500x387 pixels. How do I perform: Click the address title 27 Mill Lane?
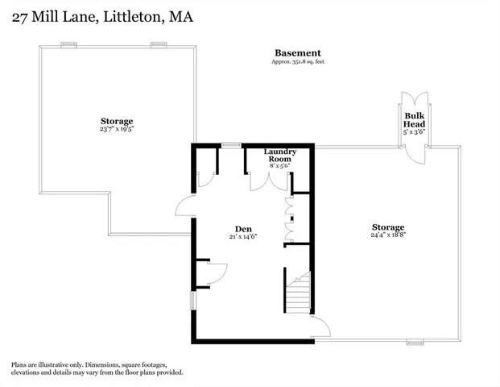point(102,16)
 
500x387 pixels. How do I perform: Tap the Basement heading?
point(298,53)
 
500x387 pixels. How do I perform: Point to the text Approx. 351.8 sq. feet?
point(298,62)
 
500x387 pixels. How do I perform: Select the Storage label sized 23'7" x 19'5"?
point(117,121)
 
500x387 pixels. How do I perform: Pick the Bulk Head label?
point(415,119)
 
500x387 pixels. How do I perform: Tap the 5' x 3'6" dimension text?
point(415,132)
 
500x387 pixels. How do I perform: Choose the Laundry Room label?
point(280,156)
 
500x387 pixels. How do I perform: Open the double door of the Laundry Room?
point(269,181)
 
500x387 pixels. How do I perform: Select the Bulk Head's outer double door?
point(415,101)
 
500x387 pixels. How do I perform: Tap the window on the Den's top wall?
point(232,145)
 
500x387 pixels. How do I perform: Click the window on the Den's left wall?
point(192,300)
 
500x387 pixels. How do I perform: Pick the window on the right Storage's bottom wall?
point(415,342)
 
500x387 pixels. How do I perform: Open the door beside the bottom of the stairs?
point(320,327)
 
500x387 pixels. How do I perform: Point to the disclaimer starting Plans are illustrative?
point(97,368)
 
